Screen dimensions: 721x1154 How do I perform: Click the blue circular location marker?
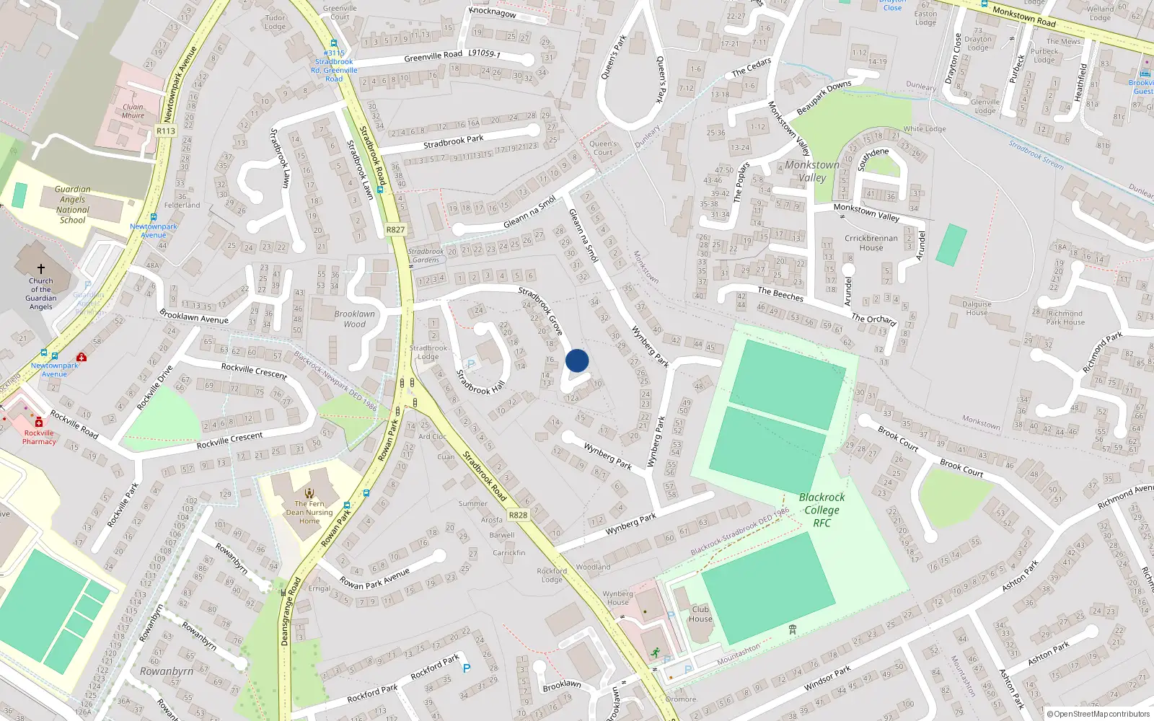pyautogui.click(x=577, y=360)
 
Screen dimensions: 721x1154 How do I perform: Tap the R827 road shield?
pyautogui.click(x=395, y=230)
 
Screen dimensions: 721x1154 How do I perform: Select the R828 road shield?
pyautogui.click(x=518, y=515)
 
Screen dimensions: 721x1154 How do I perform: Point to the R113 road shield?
pyautogui.click(x=166, y=131)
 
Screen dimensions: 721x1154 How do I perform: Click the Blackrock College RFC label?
pyautogui.click(x=822, y=510)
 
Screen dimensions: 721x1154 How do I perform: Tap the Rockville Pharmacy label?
pyautogui.click(x=39, y=437)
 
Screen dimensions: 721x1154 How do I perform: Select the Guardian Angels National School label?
pyautogui.click(x=72, y=205)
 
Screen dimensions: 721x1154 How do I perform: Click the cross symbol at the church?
pyautogui.click(x=41, y=268)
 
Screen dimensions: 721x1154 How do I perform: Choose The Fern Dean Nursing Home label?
pyautogui.click(x=309, y=512)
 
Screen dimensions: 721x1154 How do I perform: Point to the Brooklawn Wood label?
pyautogui.click(x=354, y=319)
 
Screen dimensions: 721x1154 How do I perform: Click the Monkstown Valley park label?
pyautogui.click(x=812, y=171)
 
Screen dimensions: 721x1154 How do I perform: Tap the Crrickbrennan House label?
pyautogui.click(x=871, y=243)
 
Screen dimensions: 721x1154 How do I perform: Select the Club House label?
pyautogui.click(x=700, y=614)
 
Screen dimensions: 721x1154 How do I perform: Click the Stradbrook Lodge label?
pyautogui.click(x=428, y=352)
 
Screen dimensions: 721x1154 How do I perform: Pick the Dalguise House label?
pyautogui.click(x=977, y=308)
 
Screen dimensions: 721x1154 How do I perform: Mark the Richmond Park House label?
pyautogui.click(x=1065, y=318)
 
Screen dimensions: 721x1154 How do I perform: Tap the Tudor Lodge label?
pyautogui.click(x=275, y=22)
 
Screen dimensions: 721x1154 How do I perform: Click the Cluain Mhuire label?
pyautogui.click(x=133, y=111)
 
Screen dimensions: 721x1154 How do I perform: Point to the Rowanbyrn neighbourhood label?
pyautogui.click(x=167, y=671)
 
